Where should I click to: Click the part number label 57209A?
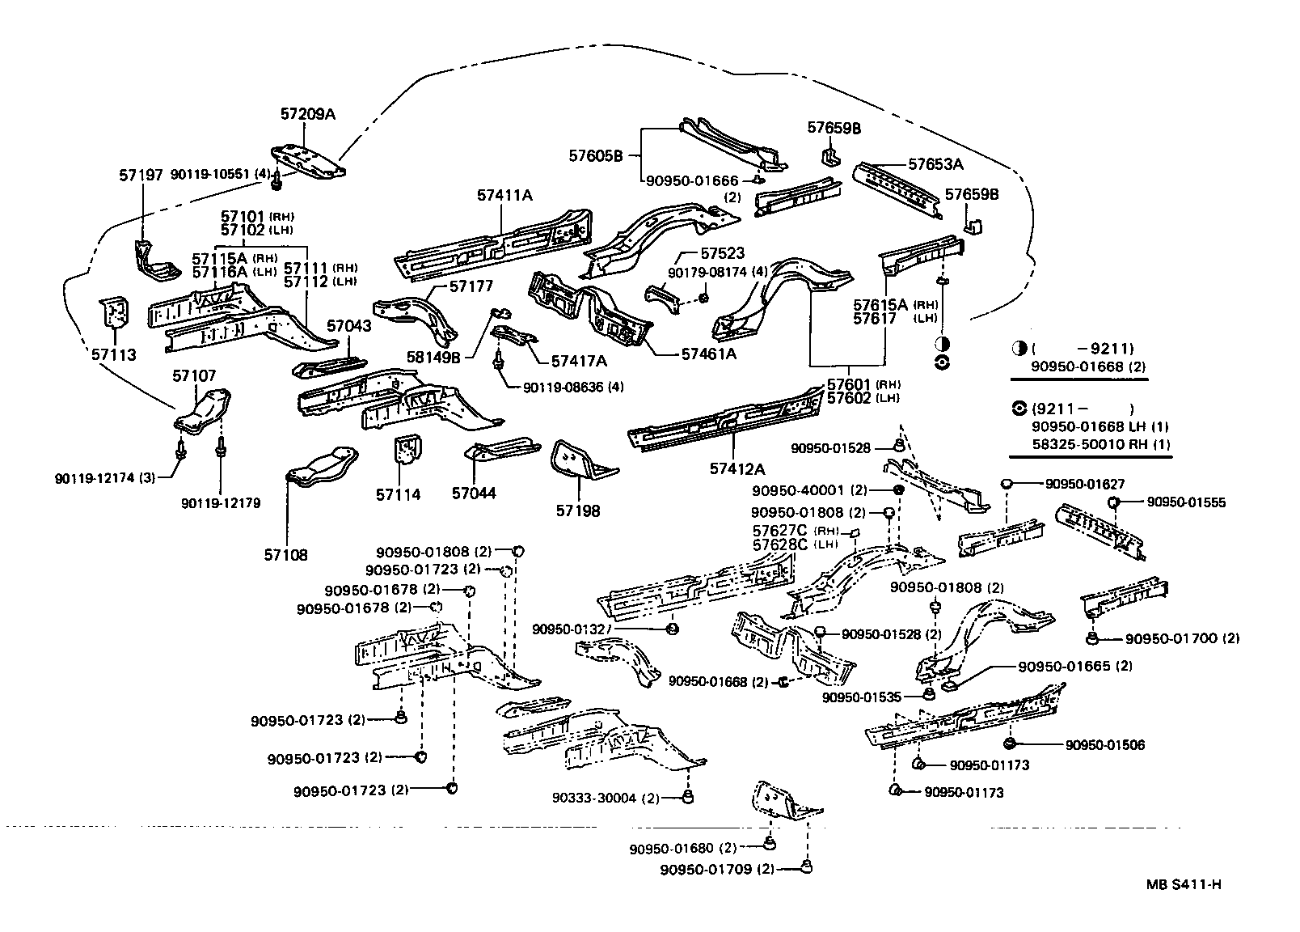pos(307,114)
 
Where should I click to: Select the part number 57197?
pos(141,174)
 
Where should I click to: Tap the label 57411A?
pos(504,195)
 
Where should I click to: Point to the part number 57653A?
pos(935,164)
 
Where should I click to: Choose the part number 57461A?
pos(709,354)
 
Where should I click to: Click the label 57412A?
pos(737,468)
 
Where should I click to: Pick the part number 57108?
pos(285,555)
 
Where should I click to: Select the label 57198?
pos(578,511)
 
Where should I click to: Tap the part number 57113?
pos(113,354)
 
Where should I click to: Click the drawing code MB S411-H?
pos(1183,884)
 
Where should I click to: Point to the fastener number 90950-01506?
pos(1104,745)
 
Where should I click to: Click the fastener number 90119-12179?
pos(221,503)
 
